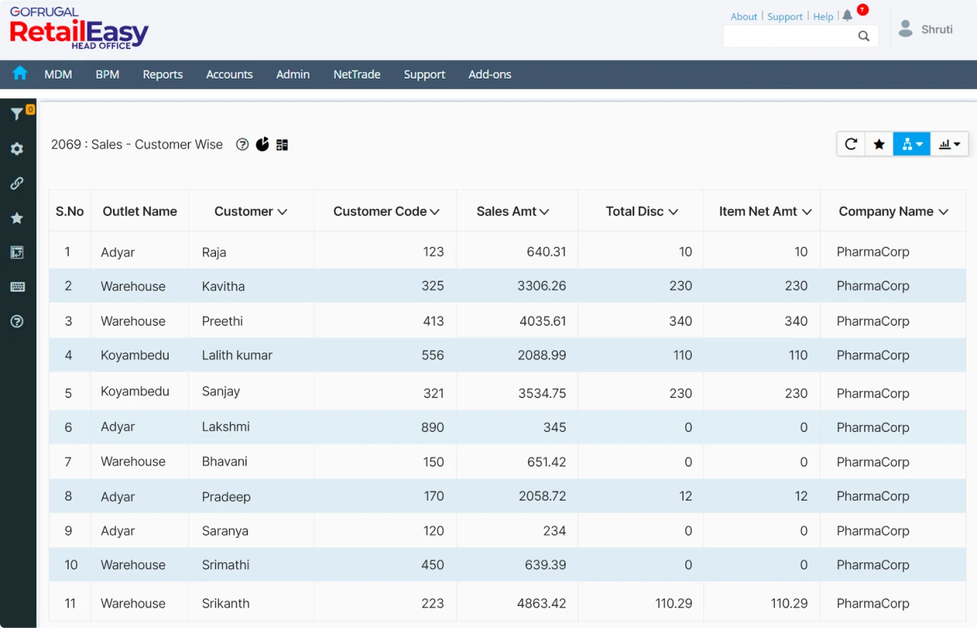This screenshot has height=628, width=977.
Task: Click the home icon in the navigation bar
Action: coord(20,73)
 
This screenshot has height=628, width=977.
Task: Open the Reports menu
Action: coord(163,74)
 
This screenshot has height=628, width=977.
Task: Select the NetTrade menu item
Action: coord(356,74)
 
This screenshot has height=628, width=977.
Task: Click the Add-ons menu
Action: coord(489,74)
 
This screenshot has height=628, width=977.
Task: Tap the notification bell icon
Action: coord(847,16)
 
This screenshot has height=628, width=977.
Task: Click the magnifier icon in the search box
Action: coord(863,36)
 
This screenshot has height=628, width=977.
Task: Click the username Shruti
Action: coord(937,29)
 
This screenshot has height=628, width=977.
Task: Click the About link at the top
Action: coord(743,16)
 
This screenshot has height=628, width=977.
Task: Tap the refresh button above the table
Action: coord(851,143)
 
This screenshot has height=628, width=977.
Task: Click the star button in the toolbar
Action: coord(879,143)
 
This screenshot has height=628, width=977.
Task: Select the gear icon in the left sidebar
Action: coord(17,149)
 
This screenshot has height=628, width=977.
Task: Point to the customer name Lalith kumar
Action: coord(237,355)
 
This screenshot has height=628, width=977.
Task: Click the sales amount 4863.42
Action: coord(541,603)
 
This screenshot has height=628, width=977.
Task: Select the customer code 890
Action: coord(432,427)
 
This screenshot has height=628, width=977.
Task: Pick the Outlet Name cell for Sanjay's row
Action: coord(134,391)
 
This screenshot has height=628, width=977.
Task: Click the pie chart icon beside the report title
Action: coord(262,144)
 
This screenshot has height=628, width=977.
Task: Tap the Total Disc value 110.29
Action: coord(673,603)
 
